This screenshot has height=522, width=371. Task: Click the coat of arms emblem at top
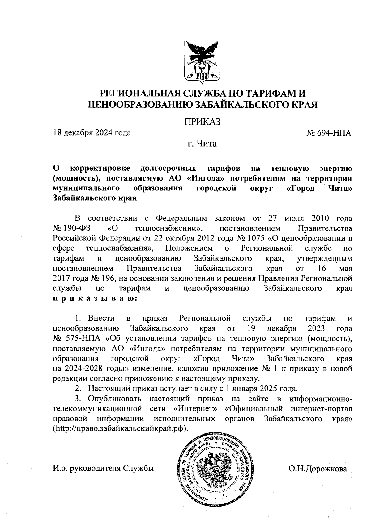click(203, 63)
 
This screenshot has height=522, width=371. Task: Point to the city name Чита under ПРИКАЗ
click(207, 144)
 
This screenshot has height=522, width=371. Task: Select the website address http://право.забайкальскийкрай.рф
click(121, 429)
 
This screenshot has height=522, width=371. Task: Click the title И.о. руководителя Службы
click(103, 469)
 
